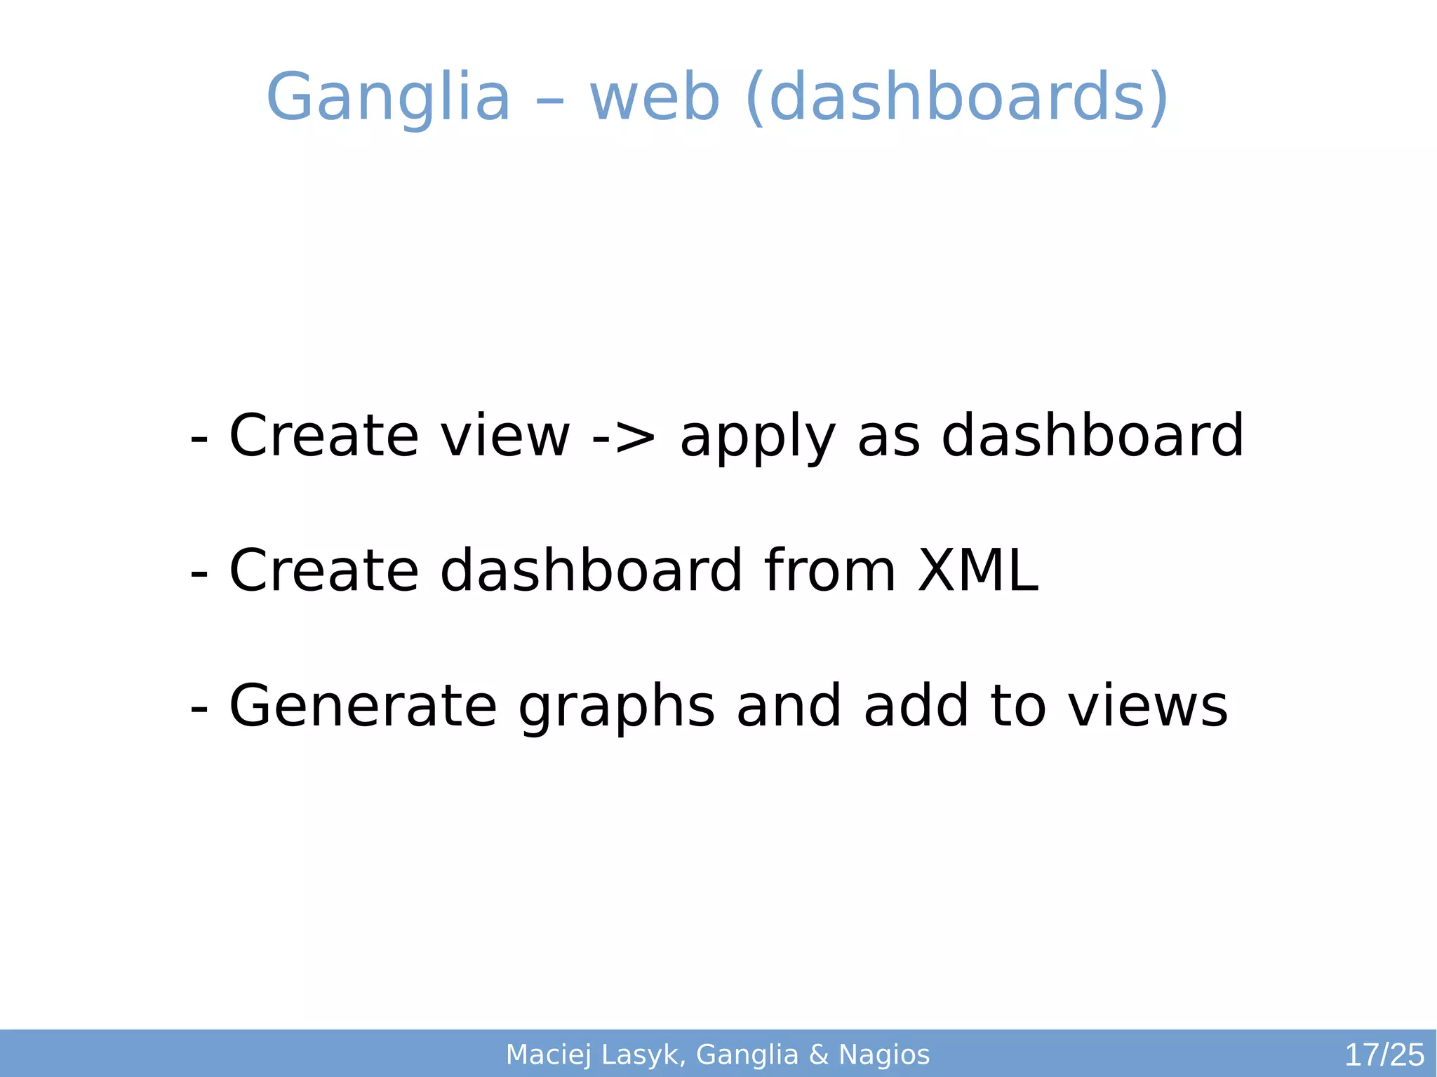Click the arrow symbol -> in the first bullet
coord(624,436)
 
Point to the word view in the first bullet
coord(505,436)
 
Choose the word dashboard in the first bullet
coord(1092,436)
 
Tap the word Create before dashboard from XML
coord(323,570)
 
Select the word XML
coord(977,570)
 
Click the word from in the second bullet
coord(830,570)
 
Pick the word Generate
coord(363,706)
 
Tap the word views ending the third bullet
coord(1148,706)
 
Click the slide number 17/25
coord(1384,1055)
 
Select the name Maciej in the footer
coord(548,1055)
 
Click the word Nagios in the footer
coord(884,1055)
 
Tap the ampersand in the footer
coord(818,1055)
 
